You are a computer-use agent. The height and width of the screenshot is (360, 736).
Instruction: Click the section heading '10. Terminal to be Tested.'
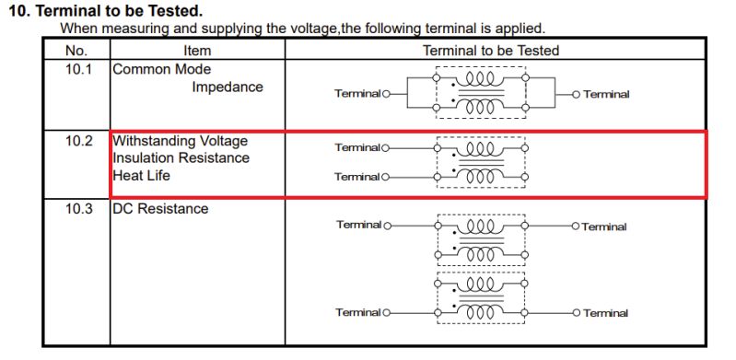105,12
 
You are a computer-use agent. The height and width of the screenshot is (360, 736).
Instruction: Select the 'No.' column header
76,51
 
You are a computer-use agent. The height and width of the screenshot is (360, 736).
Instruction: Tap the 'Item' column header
197,51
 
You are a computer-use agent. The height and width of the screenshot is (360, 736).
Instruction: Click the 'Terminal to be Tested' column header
490,51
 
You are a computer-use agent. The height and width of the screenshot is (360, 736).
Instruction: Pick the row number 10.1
78,70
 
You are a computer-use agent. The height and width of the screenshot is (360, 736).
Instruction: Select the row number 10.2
78,141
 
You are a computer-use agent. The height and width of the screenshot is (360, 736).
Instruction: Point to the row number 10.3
78,209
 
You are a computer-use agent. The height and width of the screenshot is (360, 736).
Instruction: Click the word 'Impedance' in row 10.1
228,87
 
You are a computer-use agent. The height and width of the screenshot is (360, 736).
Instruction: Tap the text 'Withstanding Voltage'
180,141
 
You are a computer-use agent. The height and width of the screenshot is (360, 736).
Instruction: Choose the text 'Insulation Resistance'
181,157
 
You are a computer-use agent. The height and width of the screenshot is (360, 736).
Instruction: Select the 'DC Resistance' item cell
160,209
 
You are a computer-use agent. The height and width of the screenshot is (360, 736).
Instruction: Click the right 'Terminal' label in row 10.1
606,94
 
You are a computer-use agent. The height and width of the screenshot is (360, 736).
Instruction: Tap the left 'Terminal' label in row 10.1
357,94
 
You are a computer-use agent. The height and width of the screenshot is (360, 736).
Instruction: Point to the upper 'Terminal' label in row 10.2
357,147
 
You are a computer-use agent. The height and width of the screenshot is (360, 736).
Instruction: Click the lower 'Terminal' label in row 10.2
357,177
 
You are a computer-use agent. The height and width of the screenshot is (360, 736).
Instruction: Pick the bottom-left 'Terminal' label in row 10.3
358,313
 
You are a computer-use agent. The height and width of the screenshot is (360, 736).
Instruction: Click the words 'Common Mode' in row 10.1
161,70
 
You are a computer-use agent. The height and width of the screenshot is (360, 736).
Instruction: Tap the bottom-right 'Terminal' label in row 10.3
605,313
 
